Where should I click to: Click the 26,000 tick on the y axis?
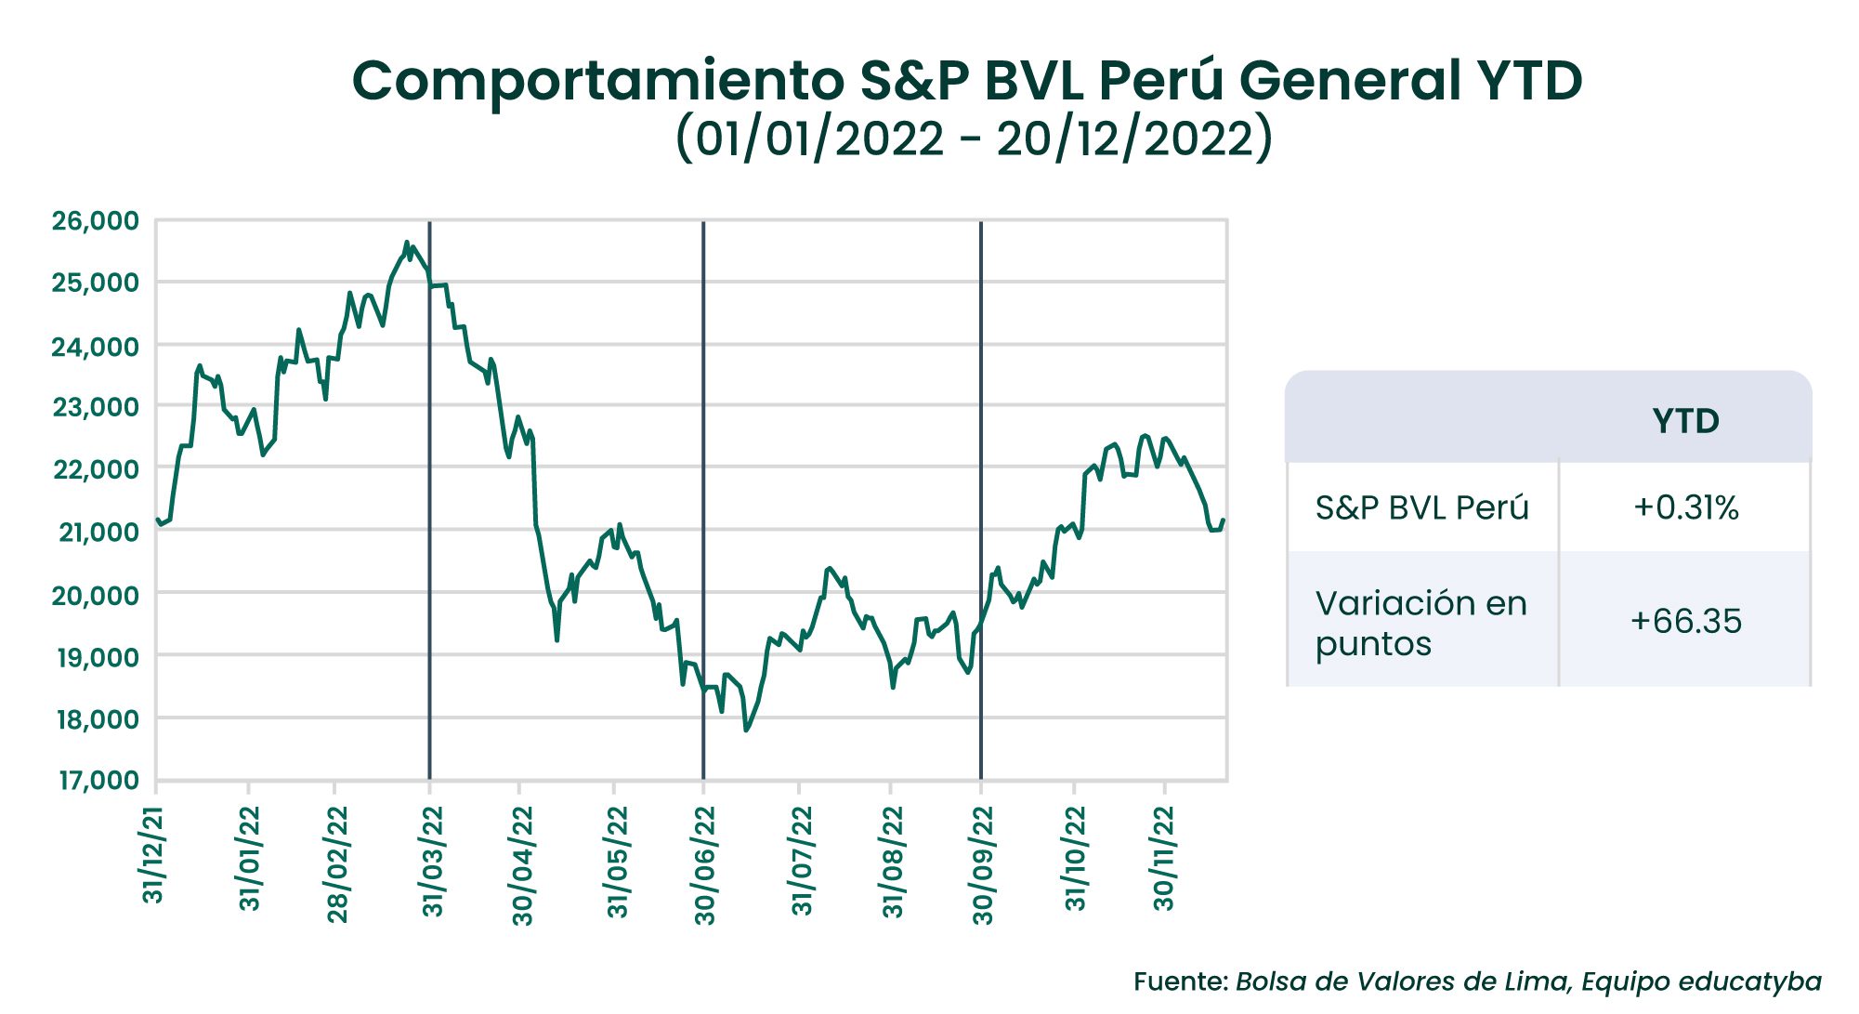[x=96, y=221]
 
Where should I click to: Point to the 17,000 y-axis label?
[x=98, y=780]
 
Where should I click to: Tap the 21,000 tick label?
[x=98, y=532]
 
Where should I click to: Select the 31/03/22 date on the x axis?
[x=433, y=862]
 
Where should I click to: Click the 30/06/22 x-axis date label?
[x=706, y=865]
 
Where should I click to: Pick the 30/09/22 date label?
[x=983, y=865]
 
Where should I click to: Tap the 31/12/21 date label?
[x=153, y=856]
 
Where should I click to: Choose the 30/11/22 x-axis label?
[x=1164, y=858]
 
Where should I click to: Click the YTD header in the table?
[x=1685, y=421]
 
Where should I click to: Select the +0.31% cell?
[x=1685, y=507]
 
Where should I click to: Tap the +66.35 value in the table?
[x=1685, y=621]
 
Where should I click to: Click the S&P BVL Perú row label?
[x=1421, y=507]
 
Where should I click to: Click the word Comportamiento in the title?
[x=597, y=81]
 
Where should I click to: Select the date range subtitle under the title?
[x=974, y=138]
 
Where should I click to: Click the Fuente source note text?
[x=1477, y=981]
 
